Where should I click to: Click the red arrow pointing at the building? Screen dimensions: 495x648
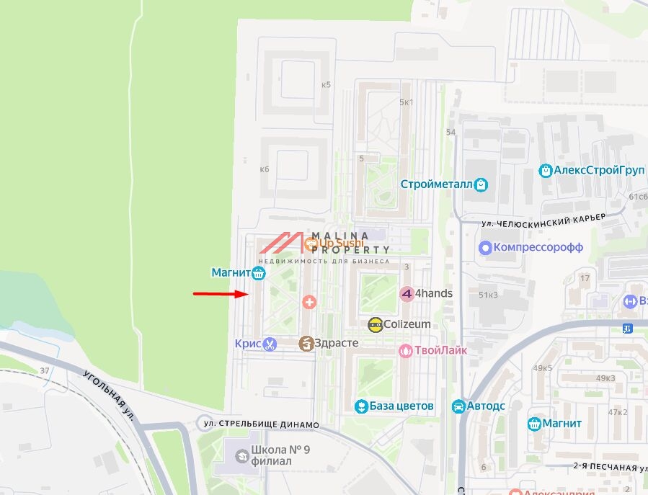[x=221, y=294]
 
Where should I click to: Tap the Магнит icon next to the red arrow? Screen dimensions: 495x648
[x=259, y=273]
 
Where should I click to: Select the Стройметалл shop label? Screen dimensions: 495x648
[x=437, y=184]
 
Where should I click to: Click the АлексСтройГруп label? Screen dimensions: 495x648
[x=590, y=171]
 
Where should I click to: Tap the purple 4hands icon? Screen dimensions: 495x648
[x=407, y=294]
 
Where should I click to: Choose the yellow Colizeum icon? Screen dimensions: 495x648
[x=375, y=324]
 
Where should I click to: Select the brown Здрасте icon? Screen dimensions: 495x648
[x=306, y=344]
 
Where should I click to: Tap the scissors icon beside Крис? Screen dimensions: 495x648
[x=270, y=344]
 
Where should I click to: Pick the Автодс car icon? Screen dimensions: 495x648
[x=458, y=407]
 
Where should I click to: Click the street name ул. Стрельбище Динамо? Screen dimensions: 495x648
[x=261, y=424]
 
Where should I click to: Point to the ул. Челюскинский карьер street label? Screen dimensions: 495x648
[x=544, y=219]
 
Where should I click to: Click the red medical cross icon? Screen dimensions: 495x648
[x=309, y=301]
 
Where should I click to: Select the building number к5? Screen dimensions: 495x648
[x=326, y=84]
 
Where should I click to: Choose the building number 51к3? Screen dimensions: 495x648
[x=488, y=295]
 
